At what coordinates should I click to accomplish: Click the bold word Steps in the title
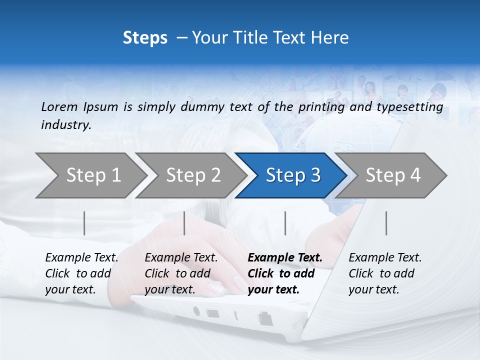pyautogui.click(x=145, y=38)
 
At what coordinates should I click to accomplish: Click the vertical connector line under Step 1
pyautogui.click(x=84, y=223)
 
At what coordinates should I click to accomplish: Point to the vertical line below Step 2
pyautogui.click(x=184, y=223)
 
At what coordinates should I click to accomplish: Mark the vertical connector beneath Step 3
pyautogui.click(x=285, y=223)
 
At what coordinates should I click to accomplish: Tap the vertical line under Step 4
pyautogui.click(x=386, y=223)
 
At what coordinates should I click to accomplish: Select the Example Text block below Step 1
pyautogui.click(x=81, y=273)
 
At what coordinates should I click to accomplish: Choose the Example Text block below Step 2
pyautogui.click(x=181, y=273)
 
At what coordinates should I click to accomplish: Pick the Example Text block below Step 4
pyautogui.click(x=385, y=273)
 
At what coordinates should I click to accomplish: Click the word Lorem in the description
pyautogui.click(x=59, y=106)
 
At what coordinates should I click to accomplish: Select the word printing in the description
pyautogui.click(x=319, y=106)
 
